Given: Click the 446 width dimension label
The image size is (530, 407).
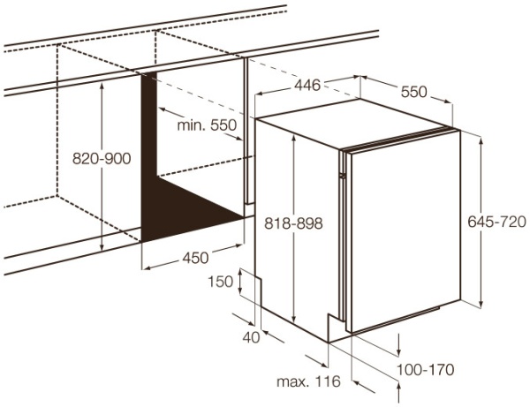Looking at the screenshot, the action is coord(307,85).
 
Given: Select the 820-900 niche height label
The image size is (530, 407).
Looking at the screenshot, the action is coord(102,158).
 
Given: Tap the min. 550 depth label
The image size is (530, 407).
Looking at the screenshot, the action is coord(207,125).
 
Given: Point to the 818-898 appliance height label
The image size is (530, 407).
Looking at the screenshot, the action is coord(293,223).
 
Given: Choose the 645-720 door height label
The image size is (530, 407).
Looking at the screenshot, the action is coord(496,222).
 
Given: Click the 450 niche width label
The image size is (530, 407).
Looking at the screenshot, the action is coord(195,258).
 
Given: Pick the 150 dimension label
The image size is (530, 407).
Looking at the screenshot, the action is coord(220,282).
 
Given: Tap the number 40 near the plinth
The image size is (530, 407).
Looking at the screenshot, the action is coord(251,337).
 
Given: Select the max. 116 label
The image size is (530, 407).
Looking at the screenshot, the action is coord(308,381).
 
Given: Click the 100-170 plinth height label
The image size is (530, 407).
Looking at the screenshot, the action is coord(425,370).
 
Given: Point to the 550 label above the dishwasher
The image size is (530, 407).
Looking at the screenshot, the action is coord(414,92).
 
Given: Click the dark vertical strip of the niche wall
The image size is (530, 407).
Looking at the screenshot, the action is coord(149,125).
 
